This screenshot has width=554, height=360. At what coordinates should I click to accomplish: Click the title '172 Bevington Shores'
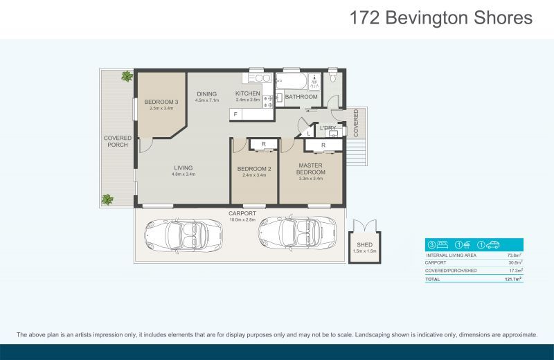(441, 18)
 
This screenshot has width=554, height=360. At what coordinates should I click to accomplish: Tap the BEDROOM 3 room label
(161, 102)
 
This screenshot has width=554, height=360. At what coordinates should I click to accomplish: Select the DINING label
(206, 94)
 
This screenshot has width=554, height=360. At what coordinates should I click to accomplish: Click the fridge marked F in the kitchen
(235, 114)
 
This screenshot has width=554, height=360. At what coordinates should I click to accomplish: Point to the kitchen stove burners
(270, 99)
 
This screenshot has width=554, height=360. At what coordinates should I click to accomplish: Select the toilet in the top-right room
(333, 79)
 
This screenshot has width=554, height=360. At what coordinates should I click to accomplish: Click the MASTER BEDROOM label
(311, 168)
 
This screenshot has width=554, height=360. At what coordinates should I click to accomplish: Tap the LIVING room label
(183, 168)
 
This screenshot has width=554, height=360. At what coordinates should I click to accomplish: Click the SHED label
(364, 245)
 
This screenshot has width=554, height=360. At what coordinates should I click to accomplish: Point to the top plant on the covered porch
(127, 76)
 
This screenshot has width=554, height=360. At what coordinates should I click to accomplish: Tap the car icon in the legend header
(493, 244)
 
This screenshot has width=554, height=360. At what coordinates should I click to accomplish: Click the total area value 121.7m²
(513, 278)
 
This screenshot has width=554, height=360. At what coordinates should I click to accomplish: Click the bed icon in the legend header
(441, 244)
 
